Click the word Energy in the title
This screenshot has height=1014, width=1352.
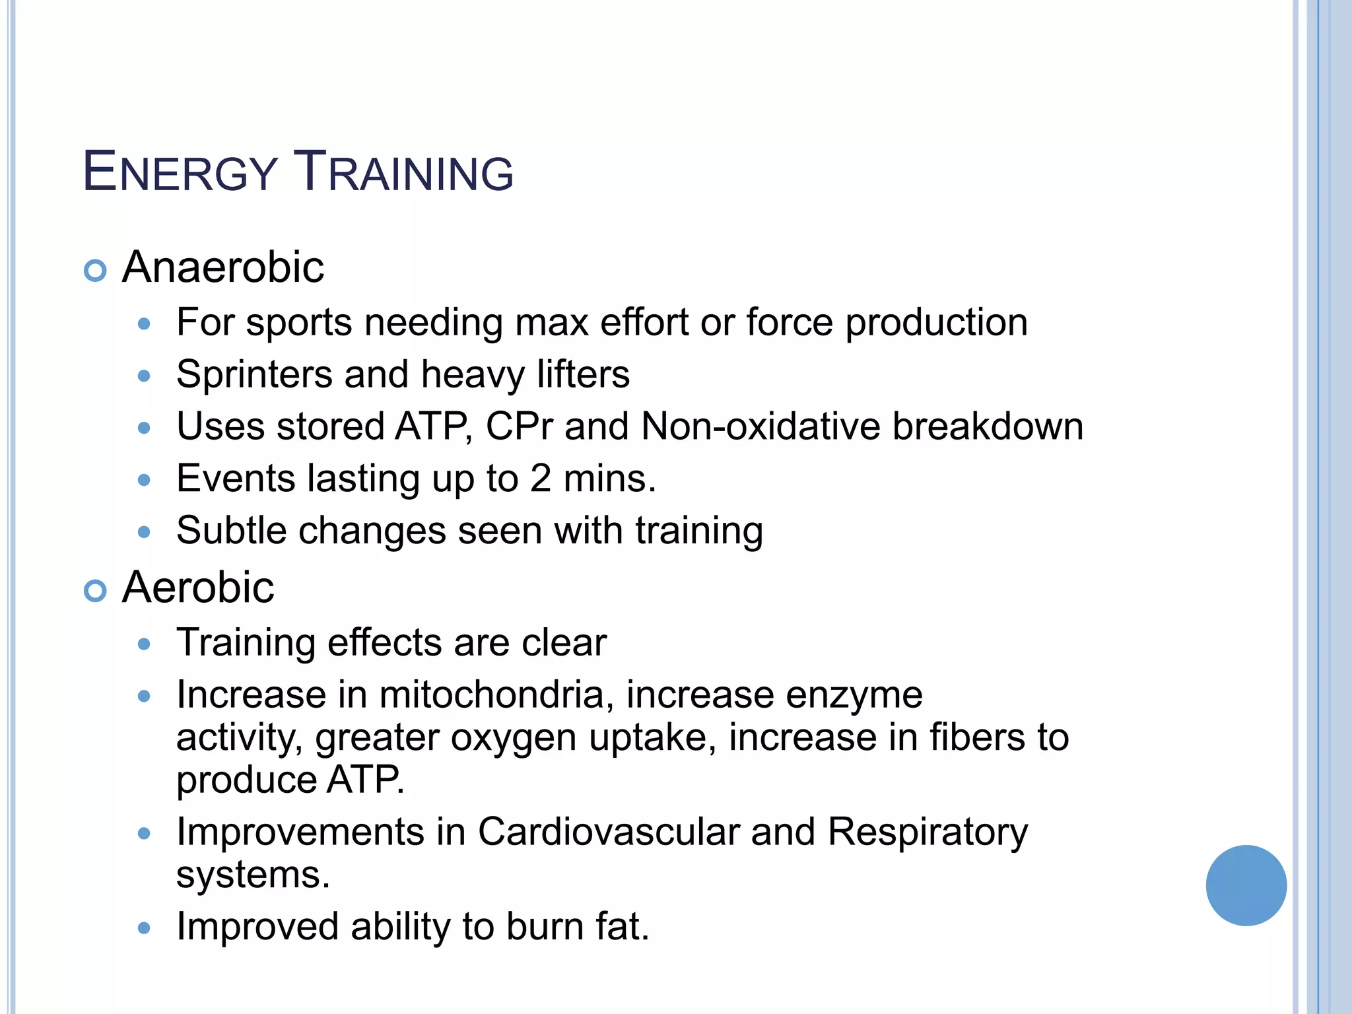click(x=180, y=172)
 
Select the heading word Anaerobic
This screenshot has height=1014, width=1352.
click(x=223, y=267)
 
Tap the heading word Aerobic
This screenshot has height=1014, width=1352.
click(x=198, y=587)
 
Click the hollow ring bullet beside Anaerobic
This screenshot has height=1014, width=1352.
click(x=96, y=271)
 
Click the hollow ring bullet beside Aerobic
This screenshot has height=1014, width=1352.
click(x=96, y=591)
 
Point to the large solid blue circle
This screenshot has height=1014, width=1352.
click(x=1246, y=885)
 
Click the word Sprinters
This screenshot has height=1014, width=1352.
click(x=254, y=374)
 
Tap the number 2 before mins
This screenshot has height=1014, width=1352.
click(x=540, y=479)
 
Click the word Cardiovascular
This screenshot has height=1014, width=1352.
click(x=608, y=832)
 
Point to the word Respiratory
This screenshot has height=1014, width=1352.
click(x=928, y=833)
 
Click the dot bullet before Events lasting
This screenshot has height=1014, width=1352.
click(x=144, y=480)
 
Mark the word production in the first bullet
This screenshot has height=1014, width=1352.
click(x=936, y=323)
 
